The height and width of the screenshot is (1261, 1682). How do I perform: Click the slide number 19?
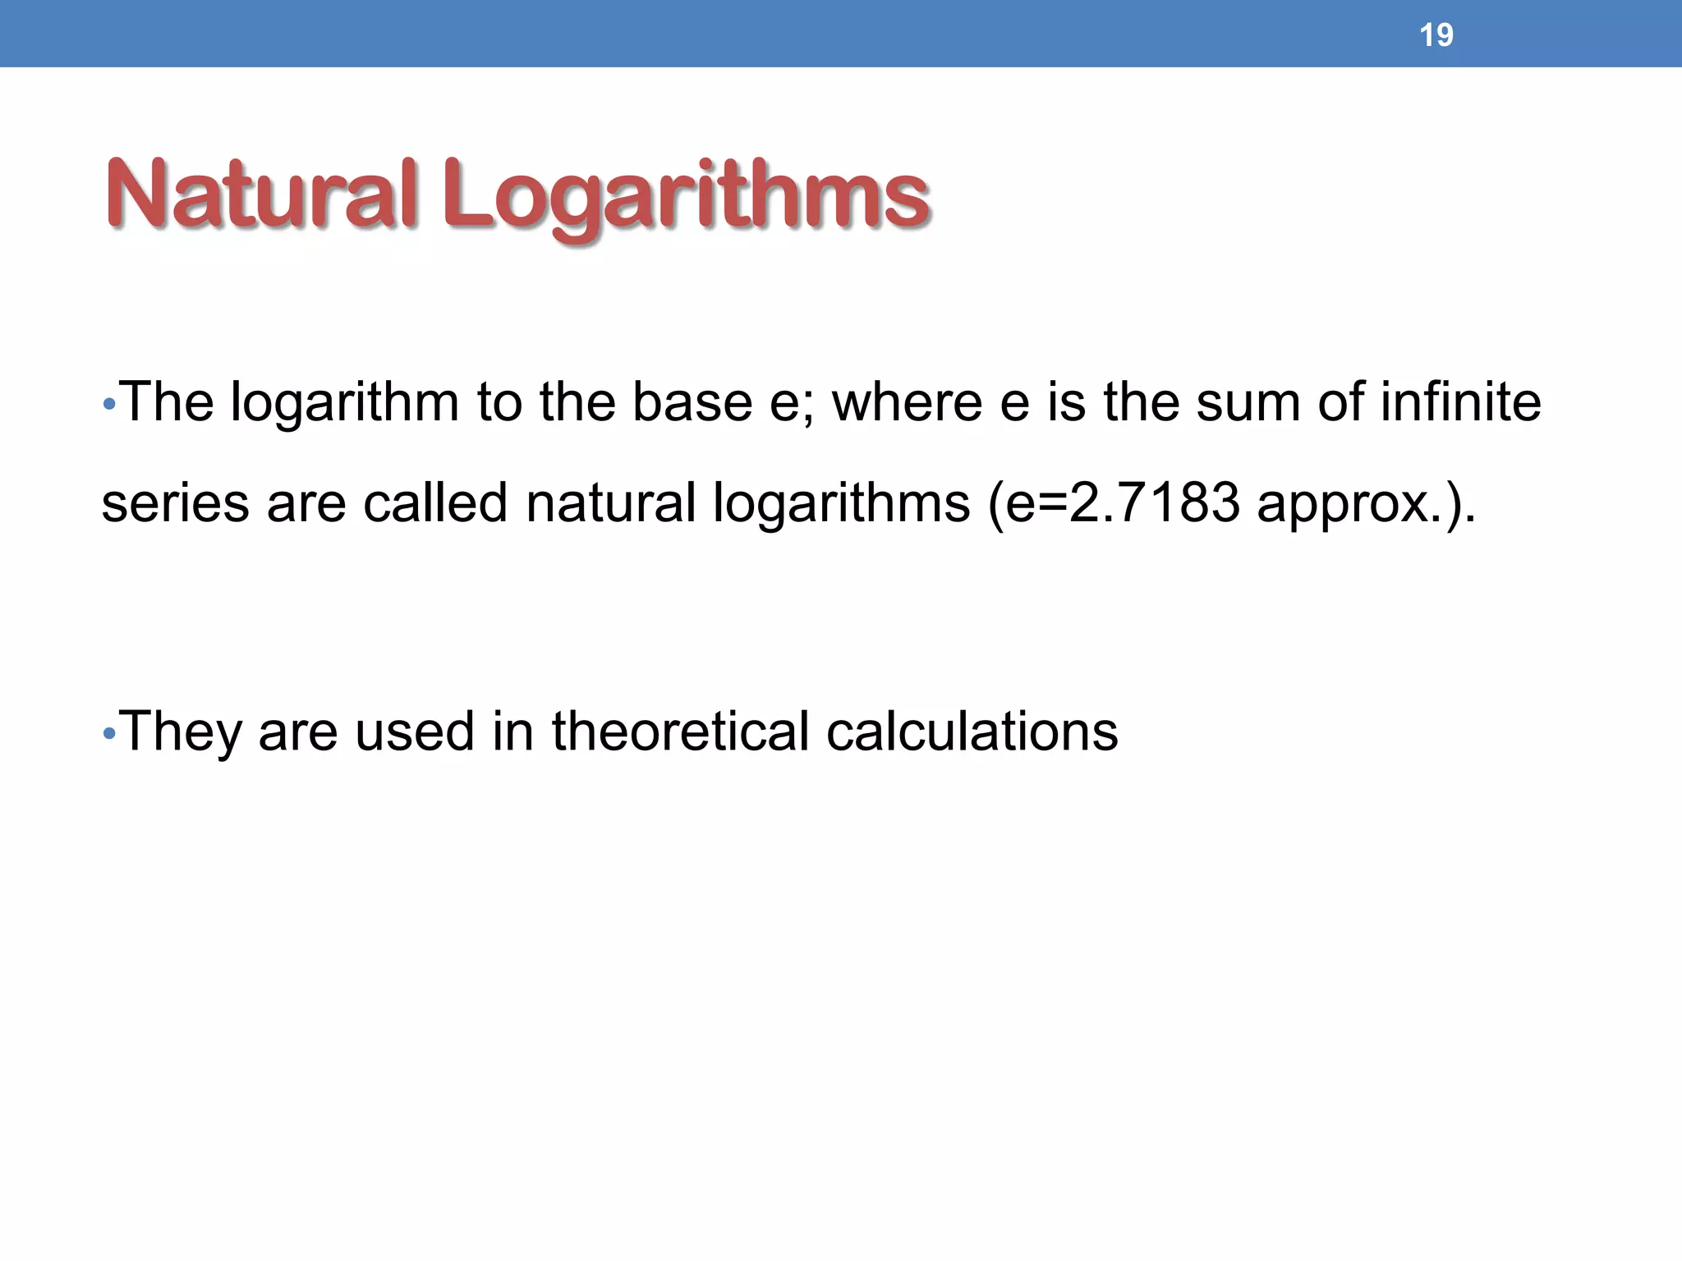[x=1436, y=35]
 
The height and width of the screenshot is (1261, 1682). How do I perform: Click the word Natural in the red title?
[x=261, y=195]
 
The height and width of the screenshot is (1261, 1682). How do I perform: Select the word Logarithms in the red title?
[x=686, y=197]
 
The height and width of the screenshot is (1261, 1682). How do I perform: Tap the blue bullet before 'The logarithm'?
[x=109, y=404]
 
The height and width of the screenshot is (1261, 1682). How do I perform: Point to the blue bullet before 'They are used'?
[x=109, y=732]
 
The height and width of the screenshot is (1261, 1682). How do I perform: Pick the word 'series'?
[x=175, y=502]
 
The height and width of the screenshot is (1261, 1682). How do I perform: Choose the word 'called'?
[x=435, y=502]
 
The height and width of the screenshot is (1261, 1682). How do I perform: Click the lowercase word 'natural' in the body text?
[x=611, y=502]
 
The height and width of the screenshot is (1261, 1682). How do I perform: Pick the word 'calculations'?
[x=972, y=731]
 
